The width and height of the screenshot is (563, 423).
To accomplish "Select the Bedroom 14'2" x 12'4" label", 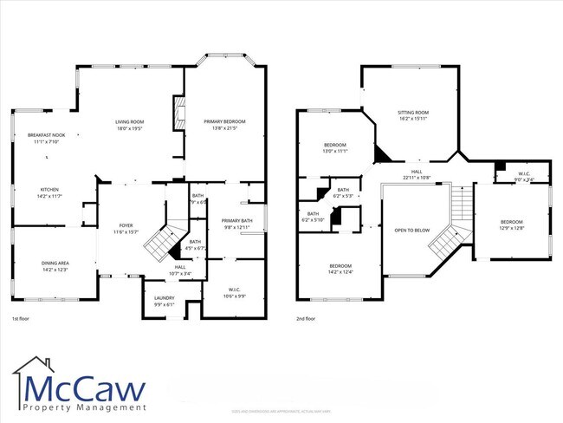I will pos(340,269).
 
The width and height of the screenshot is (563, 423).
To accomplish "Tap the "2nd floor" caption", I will pos(306,319).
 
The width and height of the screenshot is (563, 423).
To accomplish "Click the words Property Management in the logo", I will pos(79,407).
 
